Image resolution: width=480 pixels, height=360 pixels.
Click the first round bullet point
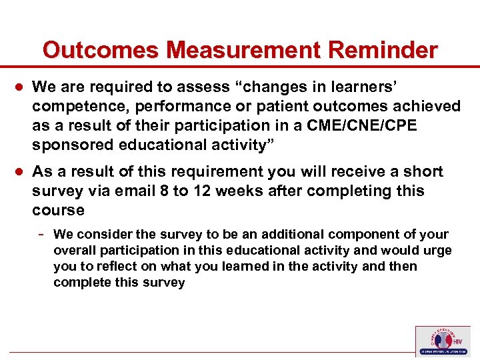[x=19, y=87]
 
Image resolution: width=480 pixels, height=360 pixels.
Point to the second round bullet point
[x=19, y=172]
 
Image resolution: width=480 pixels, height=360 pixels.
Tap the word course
[x=58, y=210]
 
